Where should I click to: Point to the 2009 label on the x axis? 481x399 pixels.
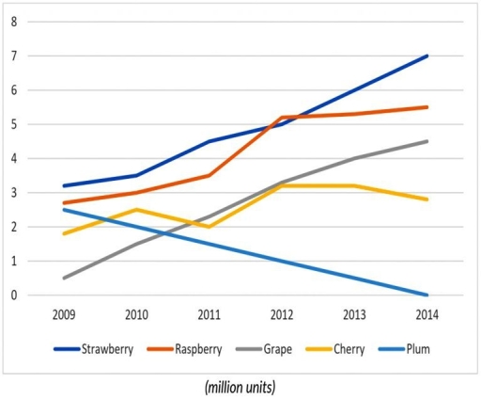(x=64, y=312)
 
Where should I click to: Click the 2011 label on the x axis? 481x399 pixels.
(x=209, y=312)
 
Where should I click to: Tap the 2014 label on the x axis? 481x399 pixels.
(x=427, y=312)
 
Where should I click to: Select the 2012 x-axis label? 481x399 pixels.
(x=282, y=312)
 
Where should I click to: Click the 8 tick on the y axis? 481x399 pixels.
(x=13, y=22)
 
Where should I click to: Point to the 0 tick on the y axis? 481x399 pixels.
(x=13, y=295)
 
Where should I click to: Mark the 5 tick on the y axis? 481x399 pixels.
(x=13, y=124)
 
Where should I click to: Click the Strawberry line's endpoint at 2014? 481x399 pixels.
(x=427, y=56)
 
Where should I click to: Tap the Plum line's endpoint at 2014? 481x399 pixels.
(x=427, y=295)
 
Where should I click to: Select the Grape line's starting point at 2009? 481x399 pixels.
(x=64, y=278)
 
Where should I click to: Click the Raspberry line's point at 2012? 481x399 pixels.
(x=282, y=118)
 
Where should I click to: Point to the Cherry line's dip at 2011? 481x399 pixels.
(x=209, y=227)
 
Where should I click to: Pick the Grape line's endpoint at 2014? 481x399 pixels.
(x=427, y=141)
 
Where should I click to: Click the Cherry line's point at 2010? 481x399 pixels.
(x=137, y=209)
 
